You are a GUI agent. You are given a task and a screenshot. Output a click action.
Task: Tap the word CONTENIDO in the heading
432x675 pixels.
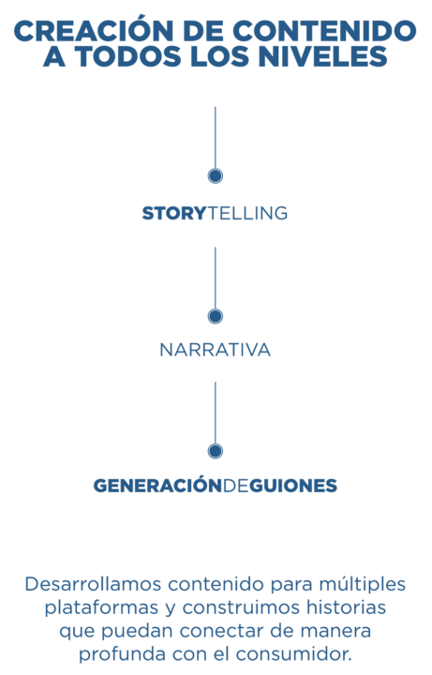[x=324, y=31]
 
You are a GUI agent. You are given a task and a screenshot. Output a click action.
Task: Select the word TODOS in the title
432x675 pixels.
[x=127, y=57]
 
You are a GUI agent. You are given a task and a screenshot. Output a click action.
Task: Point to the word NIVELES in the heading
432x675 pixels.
[x=323, y=57]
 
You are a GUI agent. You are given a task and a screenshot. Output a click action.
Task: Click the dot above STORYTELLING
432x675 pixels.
[x=216, y=175]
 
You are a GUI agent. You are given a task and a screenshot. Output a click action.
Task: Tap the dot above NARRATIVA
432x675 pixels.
[x=216, y=317]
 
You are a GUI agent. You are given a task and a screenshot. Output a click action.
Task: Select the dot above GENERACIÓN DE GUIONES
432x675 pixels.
[x=216, y=451]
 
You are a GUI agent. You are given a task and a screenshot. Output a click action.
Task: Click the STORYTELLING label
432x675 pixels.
[x=216, y=214]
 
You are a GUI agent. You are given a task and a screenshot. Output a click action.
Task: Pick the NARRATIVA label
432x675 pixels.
[x=216, y=350]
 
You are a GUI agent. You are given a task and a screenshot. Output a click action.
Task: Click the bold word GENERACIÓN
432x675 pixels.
[x=157, y=486]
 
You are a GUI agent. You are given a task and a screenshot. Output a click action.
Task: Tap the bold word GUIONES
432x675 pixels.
[x=293, y=486]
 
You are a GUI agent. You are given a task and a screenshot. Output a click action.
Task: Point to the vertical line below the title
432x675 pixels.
[x=216, y=138]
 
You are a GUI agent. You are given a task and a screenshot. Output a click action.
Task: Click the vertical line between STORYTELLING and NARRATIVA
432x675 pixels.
[x=216, y=278]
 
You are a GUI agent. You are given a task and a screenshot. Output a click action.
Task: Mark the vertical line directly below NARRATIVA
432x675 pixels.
[x=216, y=412]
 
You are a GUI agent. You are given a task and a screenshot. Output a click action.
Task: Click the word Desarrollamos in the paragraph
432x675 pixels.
[x=93, y=584]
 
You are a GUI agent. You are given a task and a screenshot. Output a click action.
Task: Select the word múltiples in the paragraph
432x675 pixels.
[x=363, y=585]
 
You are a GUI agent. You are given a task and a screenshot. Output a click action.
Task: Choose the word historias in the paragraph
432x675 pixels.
[x=346, y=607]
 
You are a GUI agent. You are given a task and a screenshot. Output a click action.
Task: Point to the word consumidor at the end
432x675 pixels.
[x=294, y=654]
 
